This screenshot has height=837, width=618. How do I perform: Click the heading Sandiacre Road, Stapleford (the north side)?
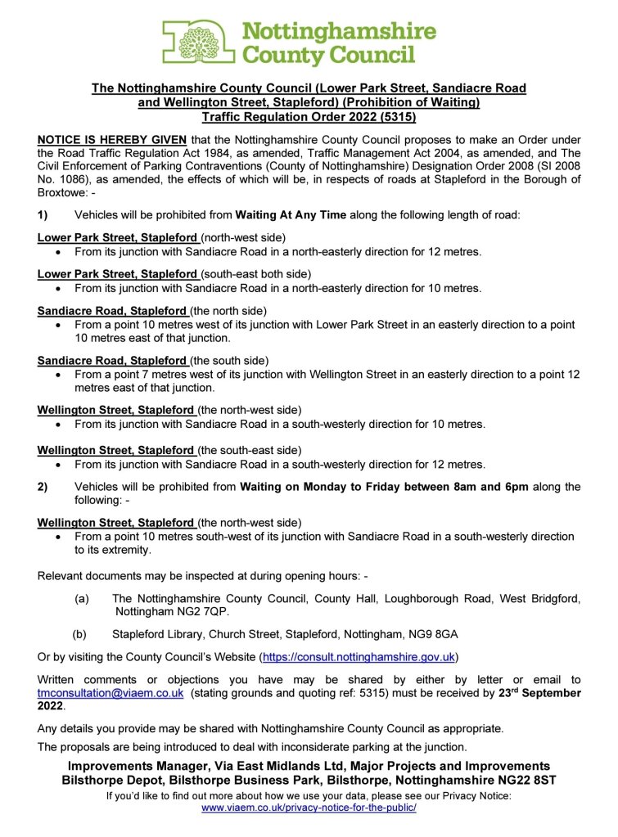pyautogui.click(x=152, y=310)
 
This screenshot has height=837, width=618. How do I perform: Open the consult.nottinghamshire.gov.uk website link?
pyautogui.click(x=359, y=656)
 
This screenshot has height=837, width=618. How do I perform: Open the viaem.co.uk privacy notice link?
pyautogui.click(x=309, y=808)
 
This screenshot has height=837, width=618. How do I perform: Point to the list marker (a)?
pyautogui.click(x=82, y=599)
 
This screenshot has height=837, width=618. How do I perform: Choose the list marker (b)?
pyautogui.click(x=79, y=633)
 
